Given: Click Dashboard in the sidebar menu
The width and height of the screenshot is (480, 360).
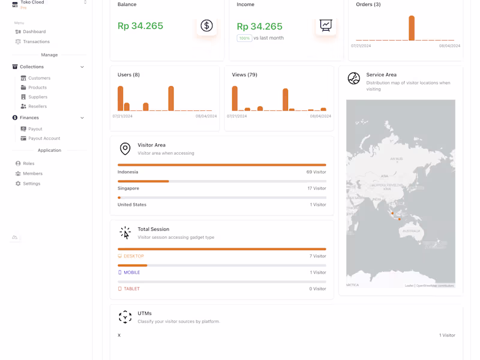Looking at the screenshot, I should pyautogui.click(x=34, y=32).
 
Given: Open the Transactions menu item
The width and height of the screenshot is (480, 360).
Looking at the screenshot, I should pyautogui.click(x=36, y=42).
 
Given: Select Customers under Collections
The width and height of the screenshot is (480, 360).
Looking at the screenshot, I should pyautogui.click(x=39, y=78).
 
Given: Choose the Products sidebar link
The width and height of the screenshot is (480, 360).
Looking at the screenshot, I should pyautogui.click(x=37, y=88).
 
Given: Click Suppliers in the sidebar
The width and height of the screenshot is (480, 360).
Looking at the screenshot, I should pyautogui.click(x=38, y=97).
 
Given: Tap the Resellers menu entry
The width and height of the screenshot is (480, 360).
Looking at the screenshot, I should pyautogui.click(x=37, y=106).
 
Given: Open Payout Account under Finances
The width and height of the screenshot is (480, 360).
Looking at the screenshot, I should pyautogui.click(x=44, y=139).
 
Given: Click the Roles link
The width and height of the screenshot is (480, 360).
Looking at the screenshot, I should pyautogui.click(x=28, y=164).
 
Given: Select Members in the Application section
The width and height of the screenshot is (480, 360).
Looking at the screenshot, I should pyautogui.click(x=32, y=173).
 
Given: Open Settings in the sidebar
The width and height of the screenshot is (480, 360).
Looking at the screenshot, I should pyautogui.click(x=31, y=184).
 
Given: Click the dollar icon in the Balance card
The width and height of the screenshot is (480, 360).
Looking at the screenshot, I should pyautogui.click(x=206, y=25).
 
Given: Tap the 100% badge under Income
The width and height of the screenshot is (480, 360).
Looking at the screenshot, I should pyautogui.click(x=244, y=38).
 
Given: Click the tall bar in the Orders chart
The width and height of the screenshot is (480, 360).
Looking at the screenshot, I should pyautogui.click(x=412, y=28).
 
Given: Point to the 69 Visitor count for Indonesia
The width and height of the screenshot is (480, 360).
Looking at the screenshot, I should pyautogui.click(x=316, y=172).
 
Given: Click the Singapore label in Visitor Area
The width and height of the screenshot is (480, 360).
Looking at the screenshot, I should pyautogui.click(x=128, y=188).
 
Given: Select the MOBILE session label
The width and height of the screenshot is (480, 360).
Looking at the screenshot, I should pyautogui.click(x=131, y=272).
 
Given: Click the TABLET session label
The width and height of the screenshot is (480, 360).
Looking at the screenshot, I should pyautogui.click(x=131, y=289).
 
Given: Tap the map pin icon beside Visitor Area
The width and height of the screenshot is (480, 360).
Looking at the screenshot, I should pyautogui.click(x=125, y=149).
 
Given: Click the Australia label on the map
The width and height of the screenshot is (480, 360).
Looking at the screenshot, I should pyautogui.click(x=412, y=231).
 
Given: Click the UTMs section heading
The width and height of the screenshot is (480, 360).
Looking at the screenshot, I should pyautogui.click(x=145, y=313).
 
